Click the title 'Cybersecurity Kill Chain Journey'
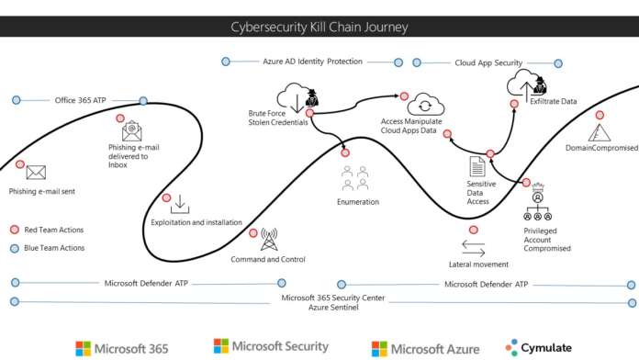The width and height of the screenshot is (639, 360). pos(319,26)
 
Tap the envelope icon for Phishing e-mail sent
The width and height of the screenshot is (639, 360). pos(36,172)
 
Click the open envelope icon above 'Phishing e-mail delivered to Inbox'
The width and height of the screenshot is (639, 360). pos(132,130)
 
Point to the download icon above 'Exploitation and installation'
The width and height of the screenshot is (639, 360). pos(180,203)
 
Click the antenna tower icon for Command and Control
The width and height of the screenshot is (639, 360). pos(268,240)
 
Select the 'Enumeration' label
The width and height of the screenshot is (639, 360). pos(357,201)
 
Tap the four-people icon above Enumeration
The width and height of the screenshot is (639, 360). pos(356,176)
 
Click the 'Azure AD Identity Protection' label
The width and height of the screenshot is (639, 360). pos(312,62)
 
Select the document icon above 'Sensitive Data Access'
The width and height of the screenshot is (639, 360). pos(477,166)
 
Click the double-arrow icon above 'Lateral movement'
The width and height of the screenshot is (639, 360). pos(473,248)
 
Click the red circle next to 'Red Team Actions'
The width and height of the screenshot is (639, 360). pos(14,230)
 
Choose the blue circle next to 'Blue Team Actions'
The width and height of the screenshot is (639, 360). pos(14,248)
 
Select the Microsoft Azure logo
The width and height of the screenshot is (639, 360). pos(425,348)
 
